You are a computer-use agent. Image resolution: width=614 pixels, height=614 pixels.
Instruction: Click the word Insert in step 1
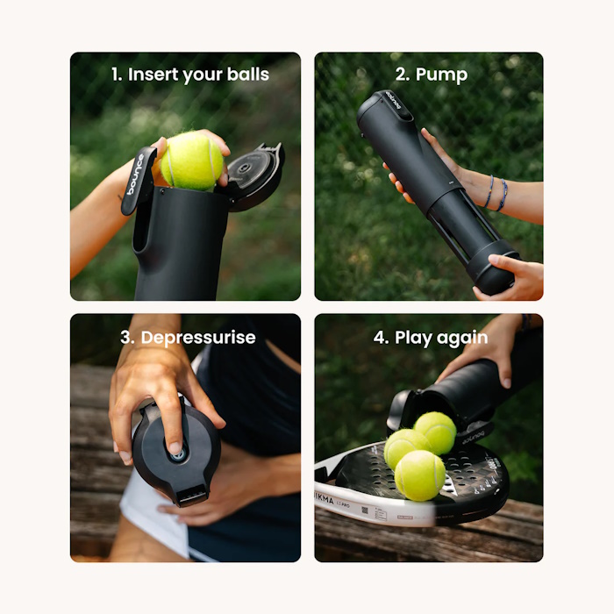pos(154,75)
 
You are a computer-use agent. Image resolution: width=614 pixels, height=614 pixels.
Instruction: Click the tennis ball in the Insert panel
pos(191,161)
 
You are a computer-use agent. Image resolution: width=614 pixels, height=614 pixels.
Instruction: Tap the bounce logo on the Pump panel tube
pos(391,106)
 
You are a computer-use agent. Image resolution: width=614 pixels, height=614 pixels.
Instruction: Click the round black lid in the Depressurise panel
pos(175,452)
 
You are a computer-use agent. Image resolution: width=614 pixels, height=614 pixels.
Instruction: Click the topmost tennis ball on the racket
pos(435,432)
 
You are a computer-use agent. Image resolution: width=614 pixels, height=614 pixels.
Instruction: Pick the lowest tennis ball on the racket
pos(419,475)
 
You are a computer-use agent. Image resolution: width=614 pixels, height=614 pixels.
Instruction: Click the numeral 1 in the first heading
pos(116,75)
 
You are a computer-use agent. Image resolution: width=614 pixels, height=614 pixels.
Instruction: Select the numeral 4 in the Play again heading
pos(378,338)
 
